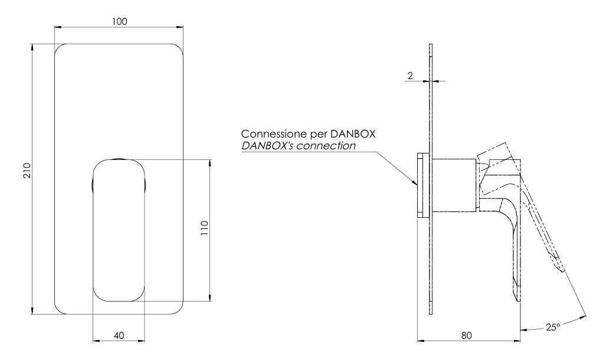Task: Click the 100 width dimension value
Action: tap(119, 21)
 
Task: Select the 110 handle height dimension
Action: tap(204, 230)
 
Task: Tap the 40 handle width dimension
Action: tap(119, 335)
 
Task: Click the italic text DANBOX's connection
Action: tap(297, 146)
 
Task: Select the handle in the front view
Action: tap(119, 230)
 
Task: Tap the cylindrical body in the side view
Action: tap(455, 185)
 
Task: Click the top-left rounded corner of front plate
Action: tap(58, 48)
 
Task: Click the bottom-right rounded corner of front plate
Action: tap(179, 310)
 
